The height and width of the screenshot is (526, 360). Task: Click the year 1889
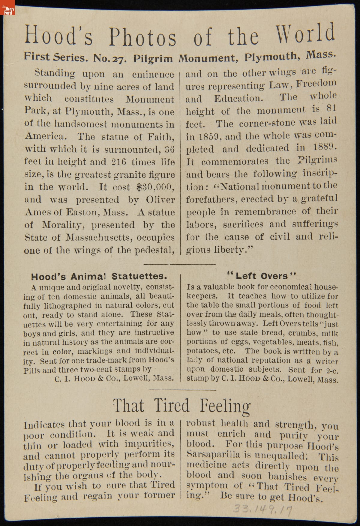coord(325,147)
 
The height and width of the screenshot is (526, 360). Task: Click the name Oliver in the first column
coord(160,200)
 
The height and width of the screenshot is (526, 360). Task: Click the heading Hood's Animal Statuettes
coord(99,276)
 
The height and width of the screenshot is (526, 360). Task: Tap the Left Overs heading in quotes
coord(262,275)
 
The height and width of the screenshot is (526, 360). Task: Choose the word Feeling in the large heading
coord(225,406)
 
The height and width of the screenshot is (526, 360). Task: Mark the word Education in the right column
coord(237,99)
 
